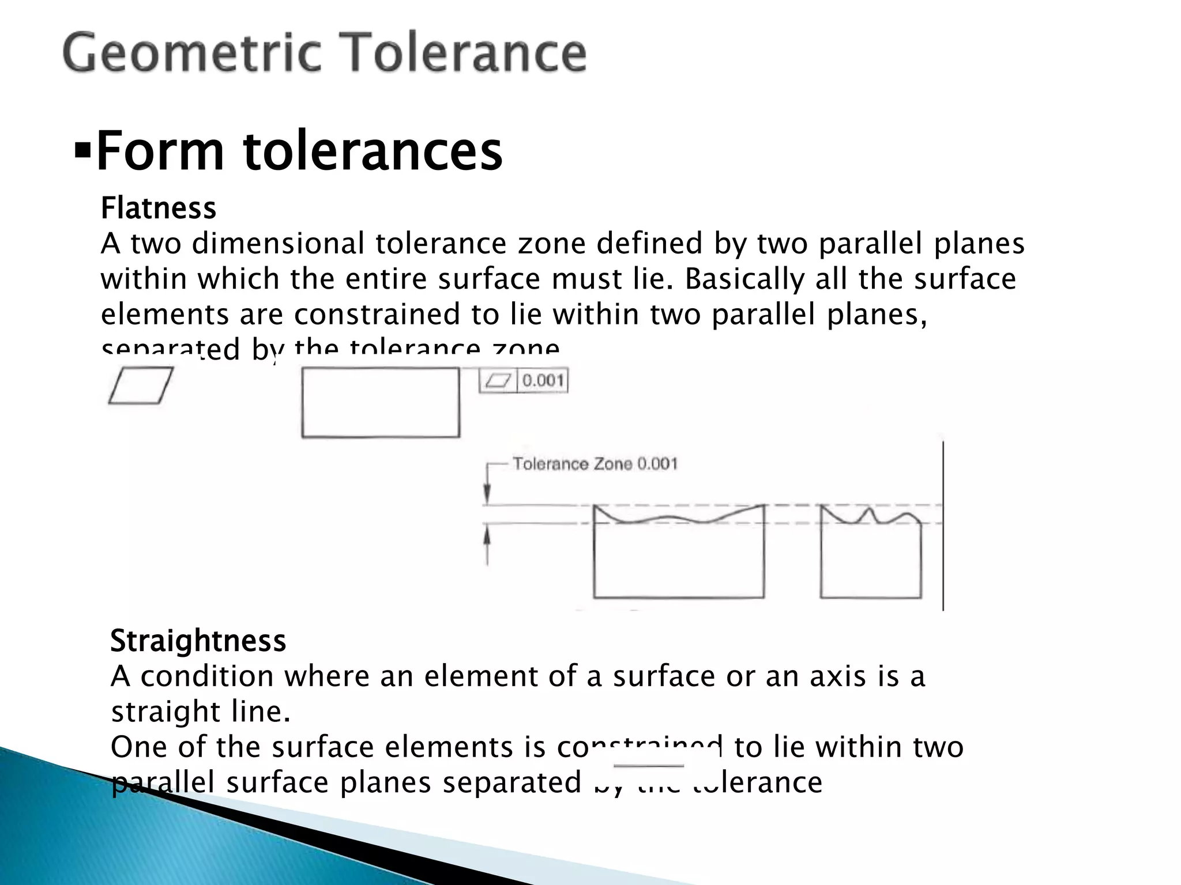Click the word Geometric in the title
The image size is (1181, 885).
pos(191,53)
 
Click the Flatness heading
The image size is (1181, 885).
pos(158,208)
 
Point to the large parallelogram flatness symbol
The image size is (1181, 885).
pos(141,385)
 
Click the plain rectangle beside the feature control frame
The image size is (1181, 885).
pos(381,403)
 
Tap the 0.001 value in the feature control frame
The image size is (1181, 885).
pos(543,380)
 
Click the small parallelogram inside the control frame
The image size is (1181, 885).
pos(499,380)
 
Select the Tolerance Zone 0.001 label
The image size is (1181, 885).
pos(595,464)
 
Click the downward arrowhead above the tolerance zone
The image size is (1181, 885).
pos(487,495)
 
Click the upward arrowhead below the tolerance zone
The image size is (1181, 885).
pos(487,536)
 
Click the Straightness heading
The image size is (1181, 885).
pos(198,641)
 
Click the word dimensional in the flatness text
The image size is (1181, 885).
pos(278,243)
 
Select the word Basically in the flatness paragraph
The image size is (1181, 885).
pos(744,279)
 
